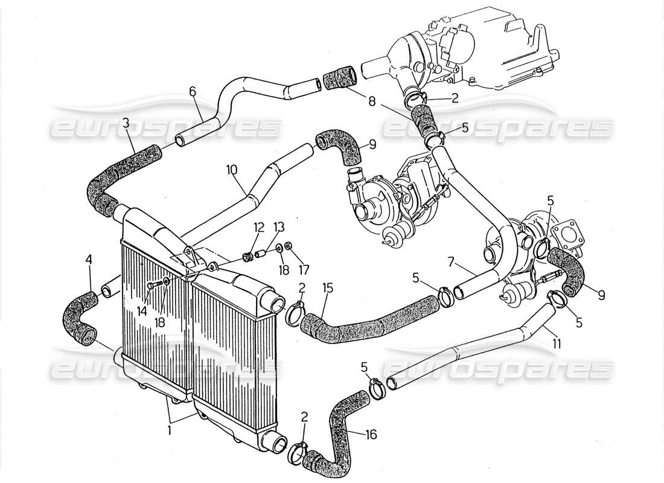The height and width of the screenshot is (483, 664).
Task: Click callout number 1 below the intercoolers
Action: (169, 431)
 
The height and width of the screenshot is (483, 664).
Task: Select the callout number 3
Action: (126, 123)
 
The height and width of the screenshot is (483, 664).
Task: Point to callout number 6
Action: (193, 91)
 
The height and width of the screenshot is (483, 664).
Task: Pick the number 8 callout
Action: (372, 103)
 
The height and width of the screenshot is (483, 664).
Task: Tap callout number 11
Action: (556, 344)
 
